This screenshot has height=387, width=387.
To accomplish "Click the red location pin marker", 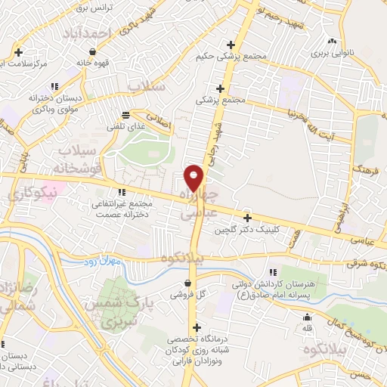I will [x=194, y=178].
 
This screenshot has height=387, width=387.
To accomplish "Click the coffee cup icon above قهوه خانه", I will [x=92, y=51].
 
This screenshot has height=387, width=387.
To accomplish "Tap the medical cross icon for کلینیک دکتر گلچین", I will [x=247, y=218].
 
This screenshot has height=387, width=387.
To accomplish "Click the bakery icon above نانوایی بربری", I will [x=331, y=41].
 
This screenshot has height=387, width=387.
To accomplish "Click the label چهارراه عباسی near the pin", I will [x=201, y=205].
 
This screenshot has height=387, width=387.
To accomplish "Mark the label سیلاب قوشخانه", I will [x=75, y=160].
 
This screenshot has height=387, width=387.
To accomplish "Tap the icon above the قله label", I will [x=308, y=316].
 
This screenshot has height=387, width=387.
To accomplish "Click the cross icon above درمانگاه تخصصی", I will [x=197, y=327].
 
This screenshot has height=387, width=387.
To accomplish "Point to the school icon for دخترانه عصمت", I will [x=122, y=192].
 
